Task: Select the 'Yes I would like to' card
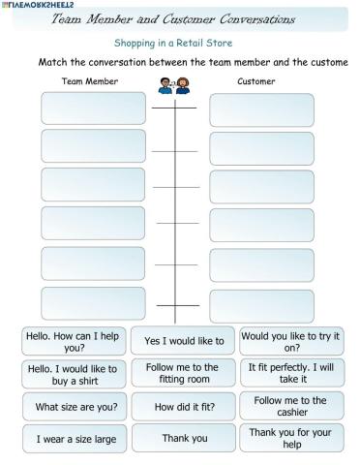pos(184,341)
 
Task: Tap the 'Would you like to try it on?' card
pos(291,341)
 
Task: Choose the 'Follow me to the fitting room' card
pos(184,374)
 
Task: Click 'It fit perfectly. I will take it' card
pos(291,374)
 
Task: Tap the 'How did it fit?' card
pos(184,407)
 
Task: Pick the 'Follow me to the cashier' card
pos(291,406)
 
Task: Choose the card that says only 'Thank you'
pos(184,438)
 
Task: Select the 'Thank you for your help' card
pos(291,438)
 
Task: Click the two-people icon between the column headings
pos(174,86)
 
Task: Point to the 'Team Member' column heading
pos(90,81)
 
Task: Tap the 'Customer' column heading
pos(255,81)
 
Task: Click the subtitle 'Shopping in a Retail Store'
pos(173,43)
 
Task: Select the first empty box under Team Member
pos(93,108)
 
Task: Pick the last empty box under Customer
pos(261,303)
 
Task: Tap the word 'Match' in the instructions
pos(54,62)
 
